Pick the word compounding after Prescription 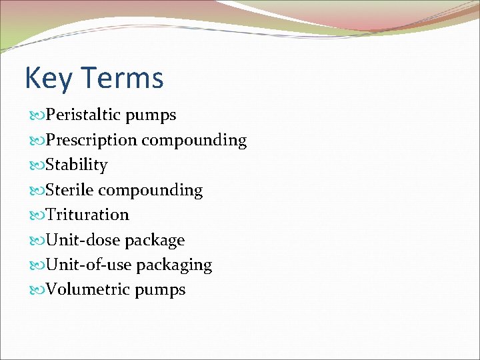[x=194, y=141]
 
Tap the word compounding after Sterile [x=151, y=191]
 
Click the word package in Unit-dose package [x=155, y=241]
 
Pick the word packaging [x=174, y=265]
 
